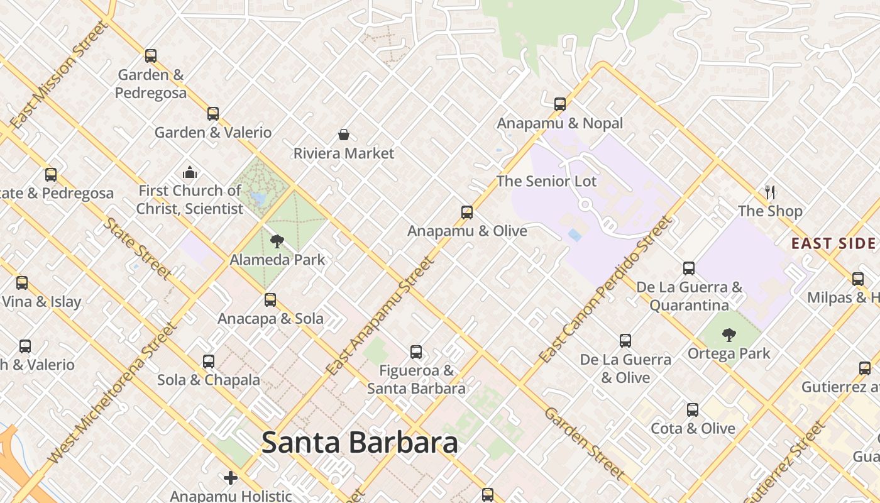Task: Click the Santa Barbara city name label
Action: [x=360, y=443]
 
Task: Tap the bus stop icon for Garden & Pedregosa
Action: [x=151, y=55]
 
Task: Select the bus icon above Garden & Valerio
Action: [x=213, y=113]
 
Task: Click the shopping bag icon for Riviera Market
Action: [x=344, y=134]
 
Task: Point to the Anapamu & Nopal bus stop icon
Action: [x=560, y=104]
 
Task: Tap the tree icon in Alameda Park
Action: [x=277, y=241]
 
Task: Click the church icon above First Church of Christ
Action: [x=190, y=172]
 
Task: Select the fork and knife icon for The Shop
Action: [x=770, y=192]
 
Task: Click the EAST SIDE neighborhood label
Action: [x=833, y=243]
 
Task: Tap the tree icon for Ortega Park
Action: [x=729, y=334]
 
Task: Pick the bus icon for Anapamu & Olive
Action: [x=466, y=212]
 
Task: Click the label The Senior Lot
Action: [x=546, y=181]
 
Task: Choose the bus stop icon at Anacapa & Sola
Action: [x=270, y=299]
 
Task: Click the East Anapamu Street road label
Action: [x=380, y=317]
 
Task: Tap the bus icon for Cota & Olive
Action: [x=692, y=409]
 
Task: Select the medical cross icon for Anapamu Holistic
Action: [x=231, y=478]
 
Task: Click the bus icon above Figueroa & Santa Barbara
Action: [x=416, y=351]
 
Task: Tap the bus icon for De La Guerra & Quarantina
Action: [x=689, y=268]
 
